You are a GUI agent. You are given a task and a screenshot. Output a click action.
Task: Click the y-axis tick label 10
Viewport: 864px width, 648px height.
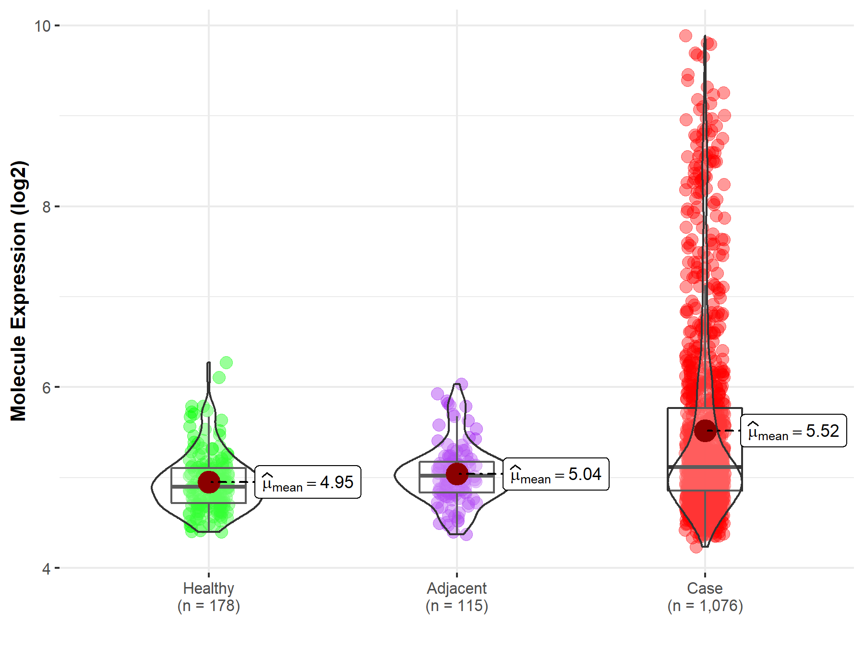click(x=42, y=26)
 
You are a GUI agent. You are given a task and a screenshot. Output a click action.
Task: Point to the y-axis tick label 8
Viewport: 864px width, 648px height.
click(x=46, y=207)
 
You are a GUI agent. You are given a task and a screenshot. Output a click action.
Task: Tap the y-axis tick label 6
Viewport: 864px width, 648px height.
click(x=46, y=387)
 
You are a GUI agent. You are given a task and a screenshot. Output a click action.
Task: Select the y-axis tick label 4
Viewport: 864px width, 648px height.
click(x=46, y=569)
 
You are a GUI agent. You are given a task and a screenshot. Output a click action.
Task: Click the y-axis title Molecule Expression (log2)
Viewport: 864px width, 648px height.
click(x=19, y=291)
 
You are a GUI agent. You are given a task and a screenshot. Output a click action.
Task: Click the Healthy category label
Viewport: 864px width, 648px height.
click(x=208, y=588)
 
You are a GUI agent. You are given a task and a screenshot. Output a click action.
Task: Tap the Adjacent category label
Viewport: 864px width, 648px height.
click(x=456, y=588)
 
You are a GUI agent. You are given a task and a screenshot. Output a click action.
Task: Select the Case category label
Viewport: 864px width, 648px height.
click(x=705, y=588)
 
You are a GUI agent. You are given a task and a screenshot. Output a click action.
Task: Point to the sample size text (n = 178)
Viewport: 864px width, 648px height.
click(x=208, y=606)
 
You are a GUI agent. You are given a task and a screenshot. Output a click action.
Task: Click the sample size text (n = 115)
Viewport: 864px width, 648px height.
click(x=456, y=606)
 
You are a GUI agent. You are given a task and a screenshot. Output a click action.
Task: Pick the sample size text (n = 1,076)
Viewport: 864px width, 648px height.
click(x=705, y=606)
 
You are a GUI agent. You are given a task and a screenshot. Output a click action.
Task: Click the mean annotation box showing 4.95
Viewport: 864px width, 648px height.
click(x=308, y=482)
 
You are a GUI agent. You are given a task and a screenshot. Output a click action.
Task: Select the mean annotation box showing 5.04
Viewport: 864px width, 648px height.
click(x=556, y=474)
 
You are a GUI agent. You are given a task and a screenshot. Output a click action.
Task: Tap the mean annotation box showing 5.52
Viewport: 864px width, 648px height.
click(x=793, y=431)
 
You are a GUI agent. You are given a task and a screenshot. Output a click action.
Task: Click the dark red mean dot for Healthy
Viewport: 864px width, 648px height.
click(x=209, y=482)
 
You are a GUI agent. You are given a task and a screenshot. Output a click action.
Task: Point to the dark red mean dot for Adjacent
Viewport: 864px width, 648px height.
click(x=457, y=474)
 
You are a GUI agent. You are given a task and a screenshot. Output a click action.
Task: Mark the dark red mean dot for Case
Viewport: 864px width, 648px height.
click(x=705, y=431)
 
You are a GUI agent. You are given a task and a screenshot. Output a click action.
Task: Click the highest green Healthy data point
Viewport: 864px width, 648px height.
click(x=226, y=363)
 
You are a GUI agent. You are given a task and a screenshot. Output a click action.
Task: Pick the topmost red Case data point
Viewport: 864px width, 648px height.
click(x=685, y=36)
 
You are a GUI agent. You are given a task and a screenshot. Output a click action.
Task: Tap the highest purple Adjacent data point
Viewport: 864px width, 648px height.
click(x=461, y=384)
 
